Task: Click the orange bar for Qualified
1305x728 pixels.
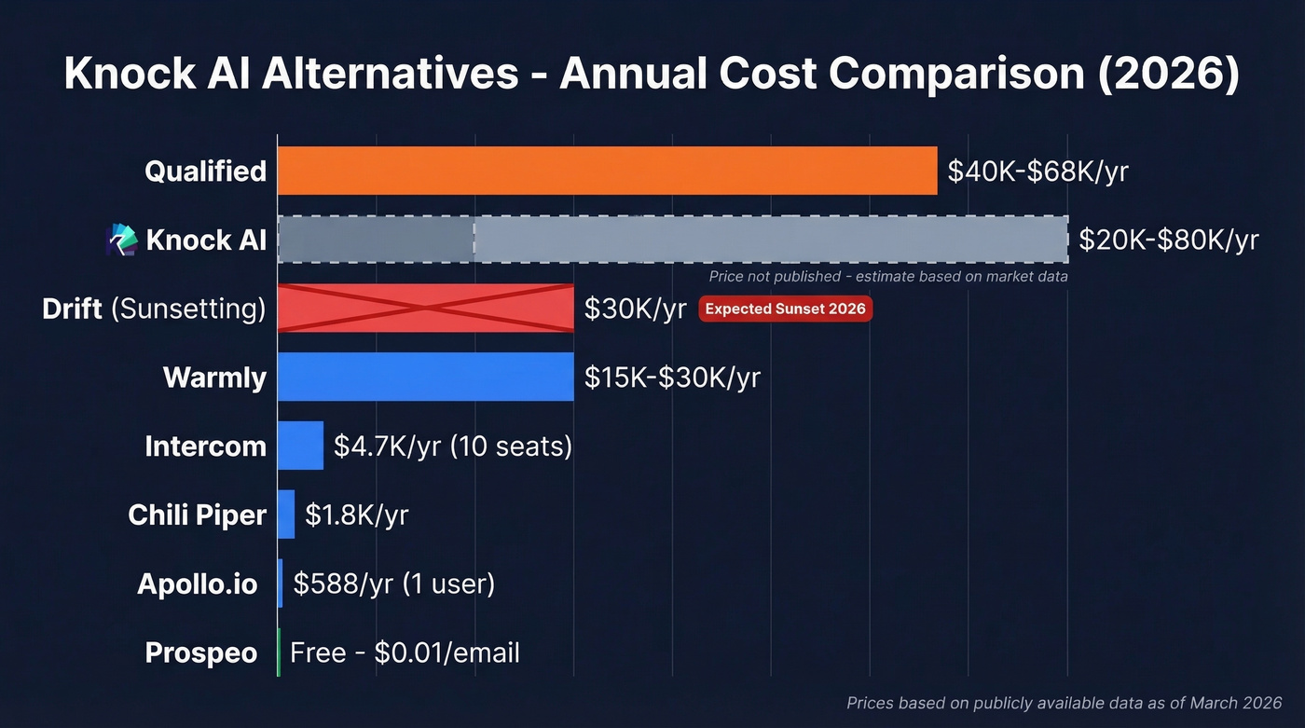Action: (x=607, y=171)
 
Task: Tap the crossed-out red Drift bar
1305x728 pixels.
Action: (x=426, y=308)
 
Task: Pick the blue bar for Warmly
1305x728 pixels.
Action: (x=426, y=377)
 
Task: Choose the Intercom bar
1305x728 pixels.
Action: (x=300, y=446)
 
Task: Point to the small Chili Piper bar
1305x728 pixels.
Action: (x=286, y=515)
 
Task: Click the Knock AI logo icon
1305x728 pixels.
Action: (x=122, y=240)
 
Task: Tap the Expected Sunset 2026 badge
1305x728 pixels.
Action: (x=785, y=309)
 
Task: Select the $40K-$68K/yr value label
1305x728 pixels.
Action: (x=1037, y=172)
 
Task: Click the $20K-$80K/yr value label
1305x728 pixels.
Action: (x=1168, y=240)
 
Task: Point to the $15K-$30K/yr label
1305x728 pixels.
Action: (x=672, y=378)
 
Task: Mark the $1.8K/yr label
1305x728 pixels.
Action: (x=356, y=515)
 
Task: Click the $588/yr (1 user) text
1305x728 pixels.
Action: (x=393, y=584)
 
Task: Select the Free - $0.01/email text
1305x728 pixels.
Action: (x=405, y=652)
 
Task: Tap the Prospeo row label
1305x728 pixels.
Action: (x=200, y=652)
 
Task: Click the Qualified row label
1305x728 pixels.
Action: (x=205, y=172)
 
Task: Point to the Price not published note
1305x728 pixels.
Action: (x=887, y=277)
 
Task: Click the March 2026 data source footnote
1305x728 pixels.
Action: (x=1064, y=703)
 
